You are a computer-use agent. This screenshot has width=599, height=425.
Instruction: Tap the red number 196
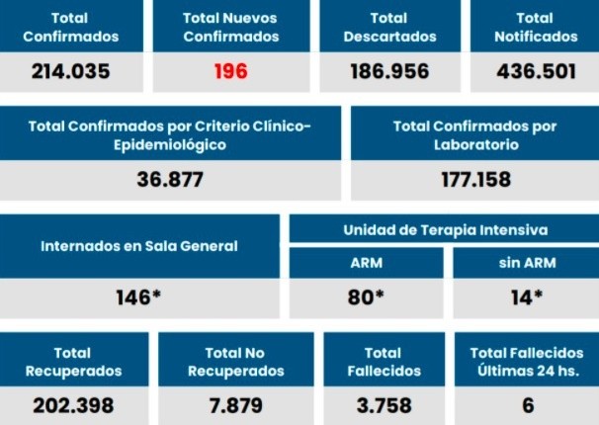[230, 71]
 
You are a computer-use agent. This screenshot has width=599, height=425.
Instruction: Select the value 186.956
[388, 71]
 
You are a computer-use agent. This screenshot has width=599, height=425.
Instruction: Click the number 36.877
[170, 180]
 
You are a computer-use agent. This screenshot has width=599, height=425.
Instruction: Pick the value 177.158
[474, 180]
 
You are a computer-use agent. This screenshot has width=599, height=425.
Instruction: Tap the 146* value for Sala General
[138, 297]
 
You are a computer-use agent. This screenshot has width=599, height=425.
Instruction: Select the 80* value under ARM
[366, 297]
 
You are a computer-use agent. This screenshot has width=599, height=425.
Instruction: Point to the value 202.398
[73, 405]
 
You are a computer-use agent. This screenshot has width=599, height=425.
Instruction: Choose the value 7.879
[235, 405]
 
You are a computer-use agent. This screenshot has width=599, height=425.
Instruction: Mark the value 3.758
[383, 405]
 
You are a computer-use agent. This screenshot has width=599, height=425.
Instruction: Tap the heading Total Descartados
[388, 27]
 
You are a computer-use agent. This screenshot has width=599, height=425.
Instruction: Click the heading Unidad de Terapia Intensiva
[444, 229]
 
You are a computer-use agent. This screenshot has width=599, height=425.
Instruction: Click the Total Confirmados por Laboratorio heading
[474, 135]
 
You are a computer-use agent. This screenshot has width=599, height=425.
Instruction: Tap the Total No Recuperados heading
[235, 362]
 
